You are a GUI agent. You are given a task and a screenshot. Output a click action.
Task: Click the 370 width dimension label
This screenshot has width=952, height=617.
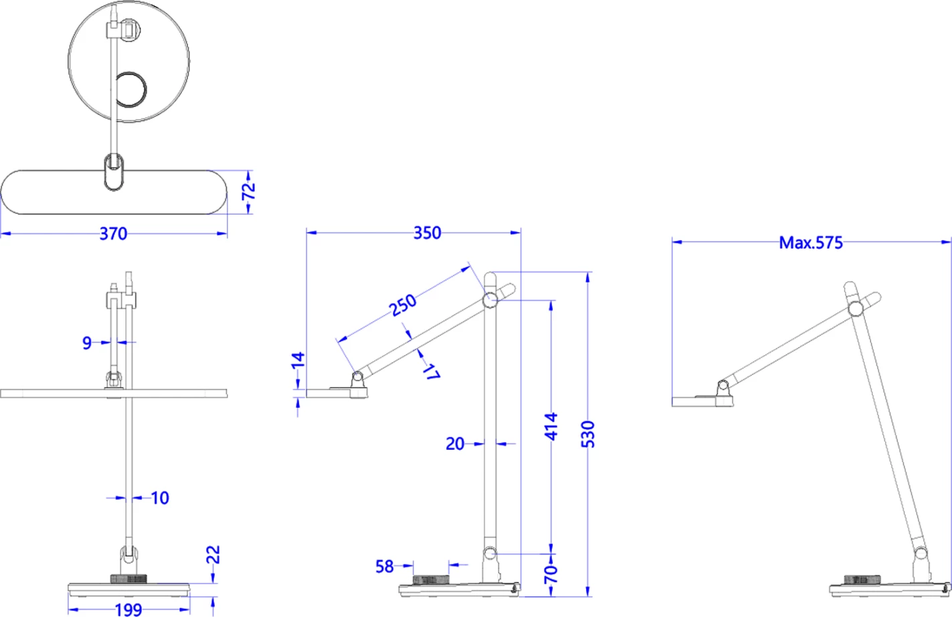click(113, 234)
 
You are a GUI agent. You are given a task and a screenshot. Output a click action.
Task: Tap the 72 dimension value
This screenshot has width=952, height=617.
click(248, 191)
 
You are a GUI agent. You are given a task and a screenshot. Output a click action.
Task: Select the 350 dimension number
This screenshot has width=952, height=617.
click(427, 233)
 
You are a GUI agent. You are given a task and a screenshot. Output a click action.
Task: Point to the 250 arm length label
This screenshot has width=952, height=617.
click(403, 305)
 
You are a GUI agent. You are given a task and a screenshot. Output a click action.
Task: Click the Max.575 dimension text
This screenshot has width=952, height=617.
click(810, 243)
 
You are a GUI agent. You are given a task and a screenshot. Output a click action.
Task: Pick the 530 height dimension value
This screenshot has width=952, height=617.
click(587, 434)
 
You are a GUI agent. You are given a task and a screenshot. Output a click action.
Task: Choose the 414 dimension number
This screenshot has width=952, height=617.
click(551, 426)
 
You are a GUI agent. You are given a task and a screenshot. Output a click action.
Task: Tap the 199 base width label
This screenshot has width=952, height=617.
click(128, 609)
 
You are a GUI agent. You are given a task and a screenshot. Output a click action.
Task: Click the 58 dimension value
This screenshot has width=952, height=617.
click(385, 567)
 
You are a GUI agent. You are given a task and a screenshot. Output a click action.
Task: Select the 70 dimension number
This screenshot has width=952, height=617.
click(551, 574)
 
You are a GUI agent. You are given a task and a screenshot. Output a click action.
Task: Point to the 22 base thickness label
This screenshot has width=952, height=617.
click(213, 554)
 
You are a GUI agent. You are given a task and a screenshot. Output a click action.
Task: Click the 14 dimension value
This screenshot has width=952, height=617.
click(298, 360)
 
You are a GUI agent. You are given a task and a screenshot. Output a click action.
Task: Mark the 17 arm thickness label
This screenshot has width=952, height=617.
click(430, 372)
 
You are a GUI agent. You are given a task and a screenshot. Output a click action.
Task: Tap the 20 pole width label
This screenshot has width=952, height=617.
click(455, 443)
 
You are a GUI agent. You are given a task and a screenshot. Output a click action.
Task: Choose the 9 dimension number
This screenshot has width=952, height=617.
click(87, 343)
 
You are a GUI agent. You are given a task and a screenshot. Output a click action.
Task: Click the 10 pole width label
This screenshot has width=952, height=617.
click(160, 498)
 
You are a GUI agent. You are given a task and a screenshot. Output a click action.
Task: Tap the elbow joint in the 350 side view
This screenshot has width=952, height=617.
click(490, 300)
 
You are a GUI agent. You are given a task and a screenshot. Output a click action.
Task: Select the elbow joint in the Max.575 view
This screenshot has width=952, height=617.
click(855, 308)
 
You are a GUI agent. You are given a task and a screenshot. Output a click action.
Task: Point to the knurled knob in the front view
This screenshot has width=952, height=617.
click(128, 578)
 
